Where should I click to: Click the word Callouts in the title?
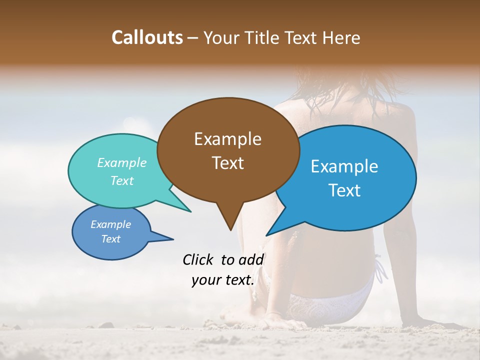tap(147, 37)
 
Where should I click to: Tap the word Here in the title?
tap(341, 38)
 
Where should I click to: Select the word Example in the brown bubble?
tap(227, 139)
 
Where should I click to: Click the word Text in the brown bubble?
tap(227, 163)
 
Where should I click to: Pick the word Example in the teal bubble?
tap(122, 162)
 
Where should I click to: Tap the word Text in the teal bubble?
tap(122, 180)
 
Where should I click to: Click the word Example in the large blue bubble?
tap(344, 166)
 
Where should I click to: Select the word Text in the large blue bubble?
tap(344, 190)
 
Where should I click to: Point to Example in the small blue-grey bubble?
tap(111, 224)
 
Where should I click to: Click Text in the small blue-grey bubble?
tap(111, 239)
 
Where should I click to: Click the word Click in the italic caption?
tap(198, 259)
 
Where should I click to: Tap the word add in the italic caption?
tap(251, 259)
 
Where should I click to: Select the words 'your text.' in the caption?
tap(223, 280)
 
